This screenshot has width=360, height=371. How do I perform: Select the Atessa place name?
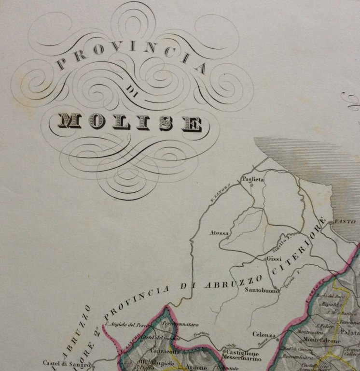click(x=219, y=233)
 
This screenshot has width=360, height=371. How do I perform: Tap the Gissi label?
click(x=274, y=259)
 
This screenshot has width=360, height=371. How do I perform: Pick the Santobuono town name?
click(x=262, y=291)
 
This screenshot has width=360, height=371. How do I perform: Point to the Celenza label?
click(x=264, y=335)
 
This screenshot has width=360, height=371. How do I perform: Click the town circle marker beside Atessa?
click(x=227, y=237)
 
